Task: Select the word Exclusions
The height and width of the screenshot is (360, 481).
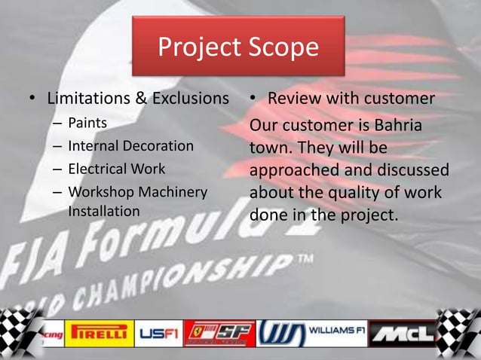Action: point(191,99)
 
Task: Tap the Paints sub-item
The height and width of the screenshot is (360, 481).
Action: point(87,122)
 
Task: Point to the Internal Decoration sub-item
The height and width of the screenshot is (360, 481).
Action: point(130,145)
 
